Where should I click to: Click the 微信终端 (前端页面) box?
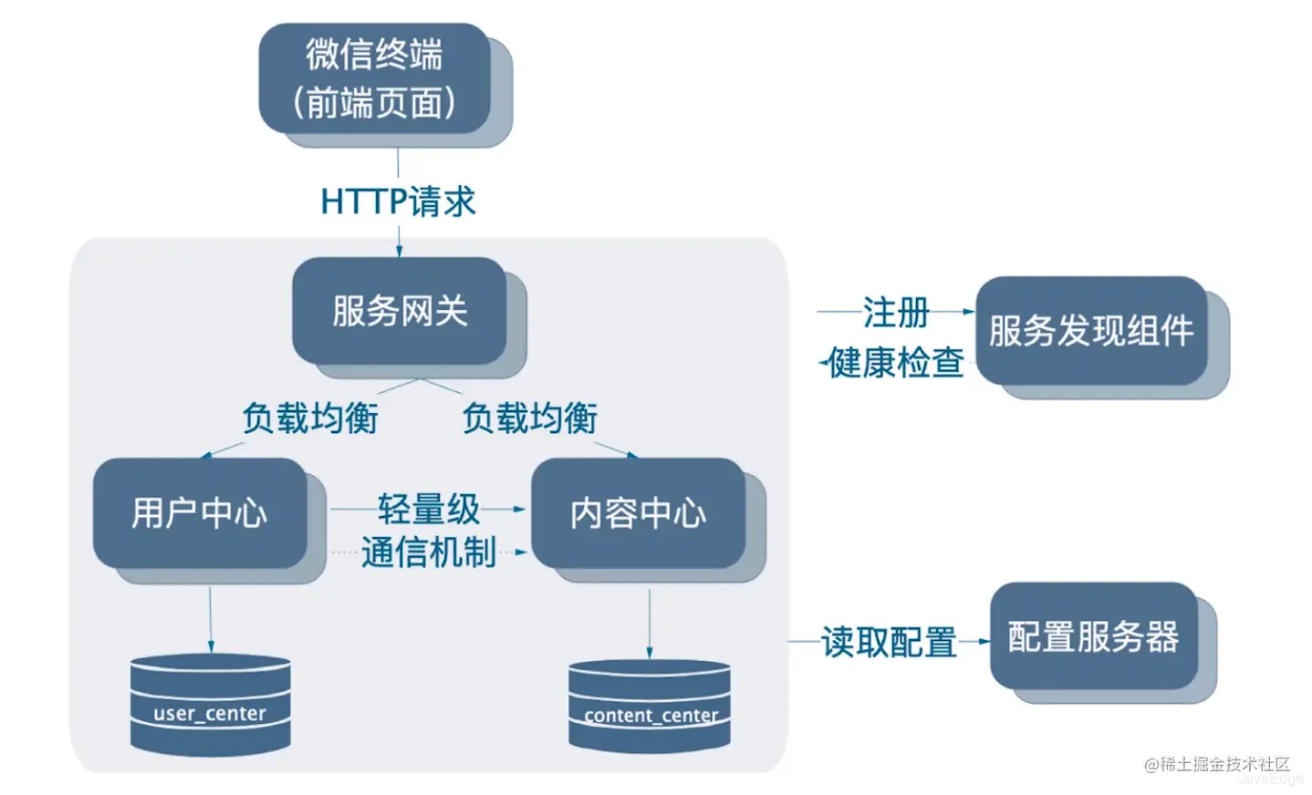[375, 78]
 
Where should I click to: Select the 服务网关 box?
[400, 311]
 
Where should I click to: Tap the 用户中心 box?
[201, 512]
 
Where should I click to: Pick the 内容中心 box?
[639, 512]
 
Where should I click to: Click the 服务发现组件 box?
[1092, 331]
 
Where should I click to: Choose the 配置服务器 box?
[1094, 635]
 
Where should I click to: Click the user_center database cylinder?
[210, 704]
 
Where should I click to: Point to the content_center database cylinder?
[650, 706]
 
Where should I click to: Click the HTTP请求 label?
[399, 201]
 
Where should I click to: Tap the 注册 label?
[896, 312]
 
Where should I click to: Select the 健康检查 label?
[896, 362]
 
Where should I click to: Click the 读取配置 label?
[890, 642]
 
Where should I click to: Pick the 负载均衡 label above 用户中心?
[310, 418]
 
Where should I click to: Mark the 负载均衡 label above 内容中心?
[530, 418]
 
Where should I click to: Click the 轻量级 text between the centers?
[429, 509]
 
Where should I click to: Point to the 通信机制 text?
[429, 552]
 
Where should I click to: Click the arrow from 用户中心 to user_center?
[211, 620]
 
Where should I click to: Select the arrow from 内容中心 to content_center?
[650, 625]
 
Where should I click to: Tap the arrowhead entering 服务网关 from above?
[400, 252]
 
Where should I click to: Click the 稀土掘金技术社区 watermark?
[1217, 764]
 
